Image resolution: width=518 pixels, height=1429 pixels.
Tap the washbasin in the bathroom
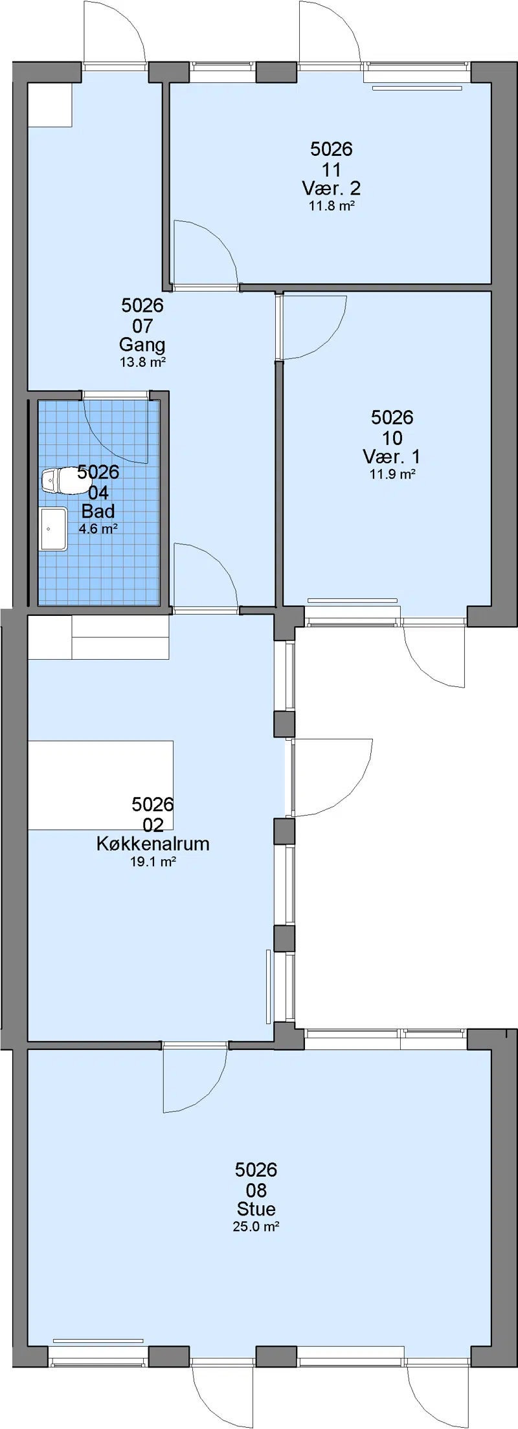pos(53,529)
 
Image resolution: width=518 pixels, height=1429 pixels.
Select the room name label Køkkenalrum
pos(153,844)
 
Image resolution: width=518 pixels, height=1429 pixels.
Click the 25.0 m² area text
pos(256,1227)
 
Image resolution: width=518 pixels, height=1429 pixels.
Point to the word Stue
pos(256,1209)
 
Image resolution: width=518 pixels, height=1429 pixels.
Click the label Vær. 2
pos(332,188)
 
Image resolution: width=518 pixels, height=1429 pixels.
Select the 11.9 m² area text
pos(392,474)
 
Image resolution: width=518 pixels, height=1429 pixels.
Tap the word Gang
pos(142,345)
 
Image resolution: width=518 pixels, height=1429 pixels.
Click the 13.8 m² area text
pos(142,362)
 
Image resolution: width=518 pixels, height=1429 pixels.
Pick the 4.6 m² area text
pos(98,529)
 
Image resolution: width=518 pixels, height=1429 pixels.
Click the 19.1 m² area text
pos(153,862)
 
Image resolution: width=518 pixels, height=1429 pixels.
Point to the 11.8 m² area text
pos(332,206)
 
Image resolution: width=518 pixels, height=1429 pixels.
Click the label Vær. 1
pos(392,456)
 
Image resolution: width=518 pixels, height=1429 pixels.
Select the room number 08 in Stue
pos(256,1190)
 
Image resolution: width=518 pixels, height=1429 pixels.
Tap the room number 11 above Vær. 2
pos(332,170)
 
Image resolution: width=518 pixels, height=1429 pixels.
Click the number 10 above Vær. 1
pos(392,438)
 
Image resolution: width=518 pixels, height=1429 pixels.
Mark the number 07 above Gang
pos(142,326)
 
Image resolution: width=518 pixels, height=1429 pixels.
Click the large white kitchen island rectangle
pos(100,785)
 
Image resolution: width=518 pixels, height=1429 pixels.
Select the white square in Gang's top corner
pos(50,105)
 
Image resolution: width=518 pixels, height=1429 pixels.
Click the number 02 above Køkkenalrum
pos(153,825)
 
